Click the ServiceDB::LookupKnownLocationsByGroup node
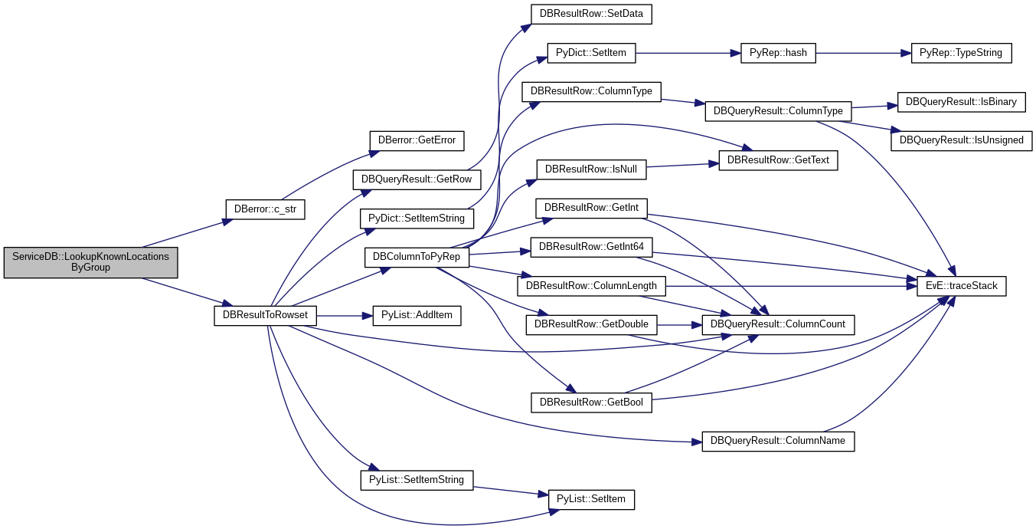tap(90, 263)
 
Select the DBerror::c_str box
tap(265, 209)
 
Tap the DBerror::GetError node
tap(417, 141)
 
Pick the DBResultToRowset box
tap(265, 315)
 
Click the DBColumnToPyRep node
tap(417, 257)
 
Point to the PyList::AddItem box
tap(417, 315)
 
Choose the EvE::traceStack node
tap(961, 286)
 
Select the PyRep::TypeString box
tap(961, 53)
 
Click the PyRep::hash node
tap(778, 53)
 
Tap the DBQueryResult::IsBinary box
tap(961, 103)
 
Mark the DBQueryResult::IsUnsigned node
tap(961, 141)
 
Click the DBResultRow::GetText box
tap(778, 160)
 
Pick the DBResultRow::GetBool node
tap(591, 402)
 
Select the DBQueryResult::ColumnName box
tap(778, 442)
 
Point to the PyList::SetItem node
tap(591, 500)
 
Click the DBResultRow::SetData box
tap(591, 15)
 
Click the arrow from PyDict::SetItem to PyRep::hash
tap(688, 53)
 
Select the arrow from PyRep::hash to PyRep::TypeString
tap(864, 53)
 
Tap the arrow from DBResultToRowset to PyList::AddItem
tap(345, 316)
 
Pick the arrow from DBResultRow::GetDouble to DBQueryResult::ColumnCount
tap(679, 325)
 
